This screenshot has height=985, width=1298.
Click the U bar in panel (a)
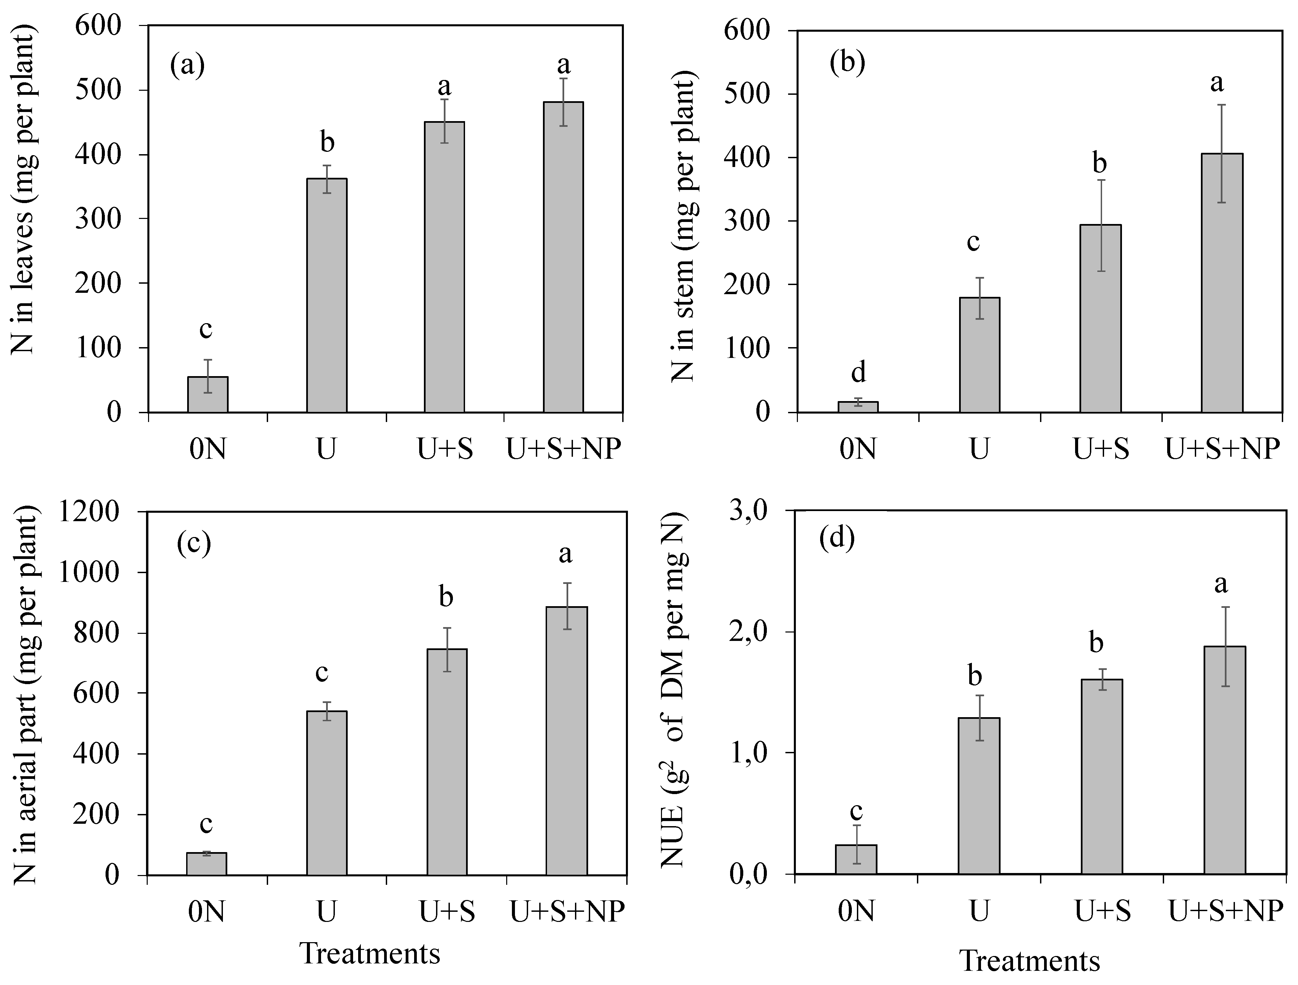click(x=327, y=295)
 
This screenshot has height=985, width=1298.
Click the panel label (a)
click(x=187, y=65)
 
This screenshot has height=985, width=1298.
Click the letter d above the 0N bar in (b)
click(x=858, y=372)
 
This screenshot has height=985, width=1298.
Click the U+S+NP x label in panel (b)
click(x=1222, y=449)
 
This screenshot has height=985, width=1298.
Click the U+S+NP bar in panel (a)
click(x=563, y=257)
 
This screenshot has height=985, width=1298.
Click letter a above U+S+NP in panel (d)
click(x=1221, y=584)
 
